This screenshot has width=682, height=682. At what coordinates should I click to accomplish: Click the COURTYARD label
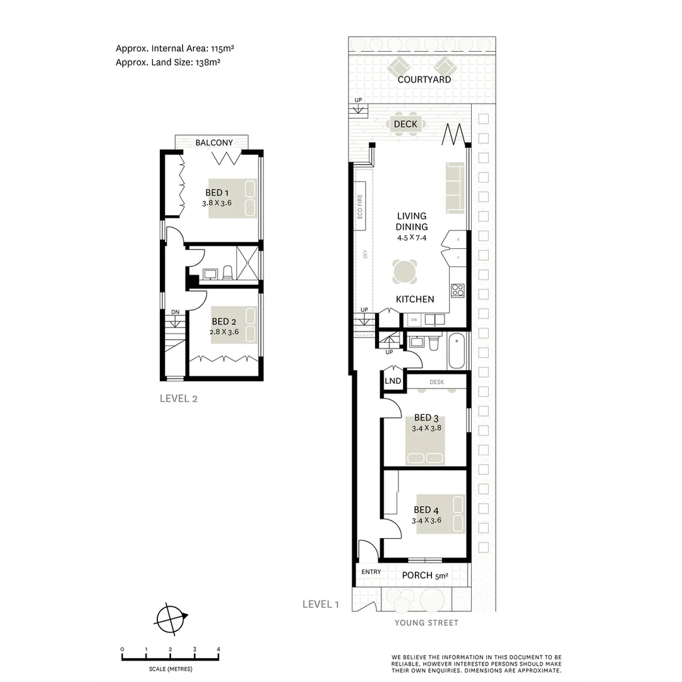424,80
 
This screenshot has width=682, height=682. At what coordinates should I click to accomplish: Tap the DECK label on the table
405,124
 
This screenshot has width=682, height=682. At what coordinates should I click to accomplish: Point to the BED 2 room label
224,321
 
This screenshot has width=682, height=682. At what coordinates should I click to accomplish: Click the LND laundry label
393,381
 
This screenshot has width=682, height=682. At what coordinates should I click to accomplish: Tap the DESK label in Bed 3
436,382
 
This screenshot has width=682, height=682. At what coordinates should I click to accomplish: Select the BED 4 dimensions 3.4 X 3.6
426,520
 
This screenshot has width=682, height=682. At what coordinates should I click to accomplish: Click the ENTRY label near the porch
371,572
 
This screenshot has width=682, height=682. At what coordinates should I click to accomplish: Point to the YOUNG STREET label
426,623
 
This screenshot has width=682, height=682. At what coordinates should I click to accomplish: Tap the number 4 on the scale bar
218,649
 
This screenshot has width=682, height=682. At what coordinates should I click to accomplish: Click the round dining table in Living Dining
405,272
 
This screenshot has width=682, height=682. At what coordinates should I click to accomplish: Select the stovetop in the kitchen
458,290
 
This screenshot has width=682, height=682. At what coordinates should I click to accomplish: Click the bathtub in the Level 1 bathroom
457,351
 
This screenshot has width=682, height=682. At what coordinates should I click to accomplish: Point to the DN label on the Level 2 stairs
175,312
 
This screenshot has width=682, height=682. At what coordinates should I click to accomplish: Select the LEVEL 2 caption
179,398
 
